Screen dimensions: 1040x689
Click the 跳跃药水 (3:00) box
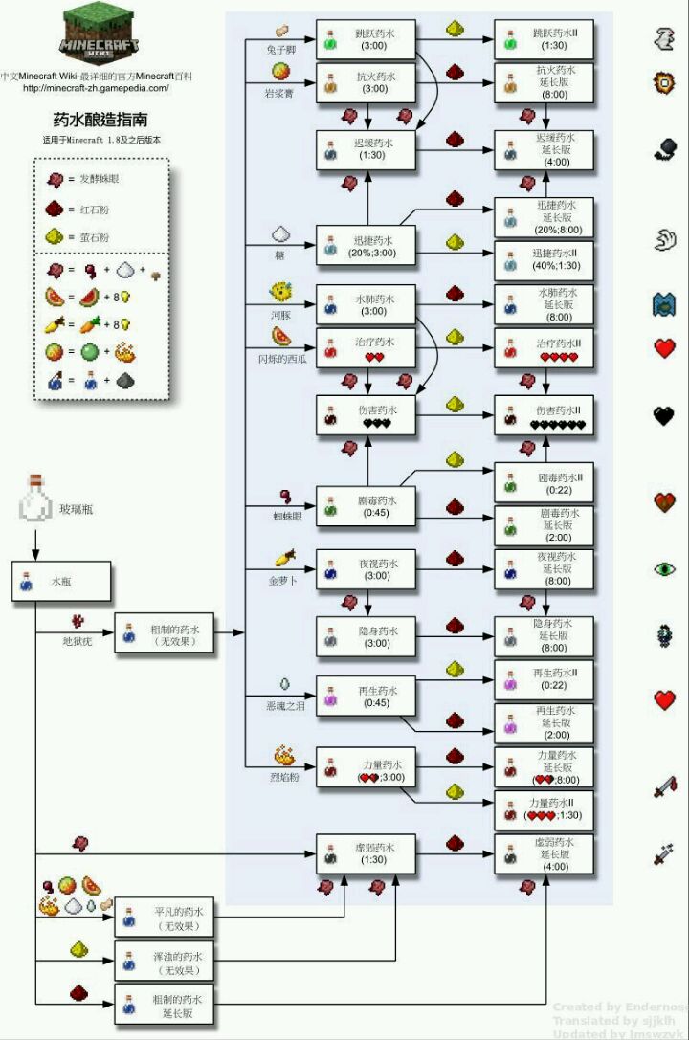367,38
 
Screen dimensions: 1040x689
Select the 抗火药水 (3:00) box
367,81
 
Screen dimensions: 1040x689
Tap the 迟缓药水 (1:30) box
367,148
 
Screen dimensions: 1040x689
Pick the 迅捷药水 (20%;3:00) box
367,246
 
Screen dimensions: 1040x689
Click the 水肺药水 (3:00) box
367,305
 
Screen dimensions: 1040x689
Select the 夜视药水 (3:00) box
367,569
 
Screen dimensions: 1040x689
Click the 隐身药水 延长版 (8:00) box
544,635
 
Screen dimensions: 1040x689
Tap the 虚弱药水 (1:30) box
367,852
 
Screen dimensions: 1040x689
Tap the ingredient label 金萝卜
283,580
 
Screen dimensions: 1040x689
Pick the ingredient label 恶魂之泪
283,706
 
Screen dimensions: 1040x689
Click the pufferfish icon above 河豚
282,290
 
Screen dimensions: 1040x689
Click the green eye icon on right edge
665,568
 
